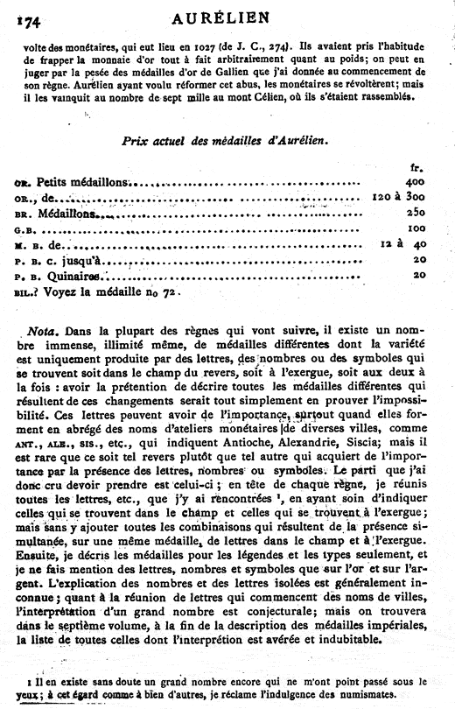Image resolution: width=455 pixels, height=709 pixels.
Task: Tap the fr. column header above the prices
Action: tap(416, 166)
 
